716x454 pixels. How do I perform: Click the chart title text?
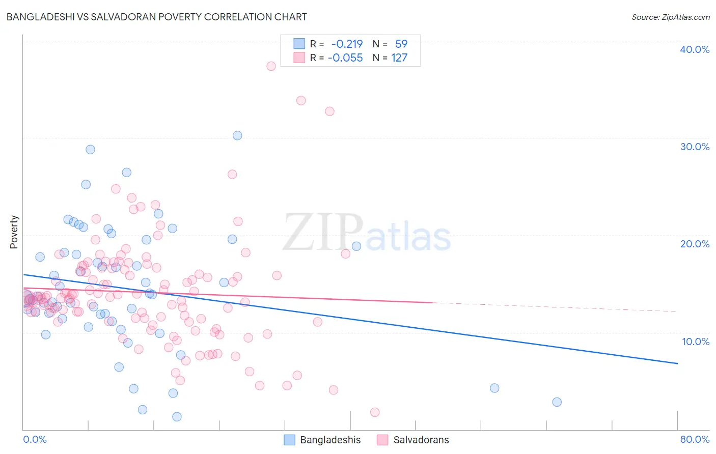pos(156,17)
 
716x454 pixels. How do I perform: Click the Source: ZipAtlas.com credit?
pos(670,17)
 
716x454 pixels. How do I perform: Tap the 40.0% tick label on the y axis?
pos(694,49)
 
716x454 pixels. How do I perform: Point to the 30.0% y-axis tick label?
pos(694,147)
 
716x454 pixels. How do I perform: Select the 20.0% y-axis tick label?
pos(694,244)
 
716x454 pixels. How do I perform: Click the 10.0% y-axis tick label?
pos(695,341)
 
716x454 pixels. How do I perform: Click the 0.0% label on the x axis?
pos(35,439)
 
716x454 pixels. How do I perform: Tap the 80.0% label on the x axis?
pos(694,439)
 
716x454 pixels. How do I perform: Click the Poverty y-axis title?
pos(14,232)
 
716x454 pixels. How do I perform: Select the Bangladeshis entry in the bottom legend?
pos(330,440)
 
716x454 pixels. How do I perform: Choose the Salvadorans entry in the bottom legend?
pos(421,440)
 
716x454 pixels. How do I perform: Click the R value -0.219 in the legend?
pos(347,44)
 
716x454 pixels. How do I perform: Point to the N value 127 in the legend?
pos(399,58)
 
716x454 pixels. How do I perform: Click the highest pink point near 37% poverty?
pos(271,66)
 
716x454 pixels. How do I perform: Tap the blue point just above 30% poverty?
pos(237,135)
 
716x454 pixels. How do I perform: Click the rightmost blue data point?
pos(557,402)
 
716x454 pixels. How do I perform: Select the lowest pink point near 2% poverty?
pos(375,412)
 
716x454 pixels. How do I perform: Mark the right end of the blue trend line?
pos(677,363)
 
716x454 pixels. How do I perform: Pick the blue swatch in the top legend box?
pos(299,44)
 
